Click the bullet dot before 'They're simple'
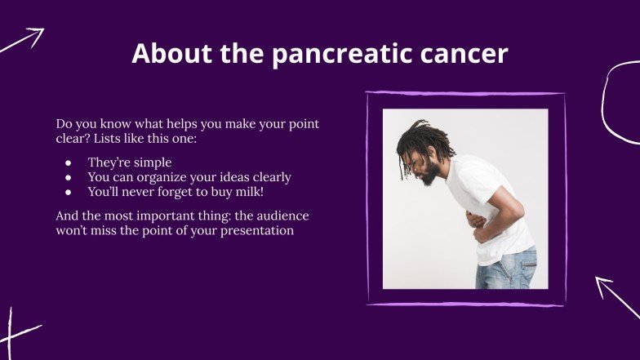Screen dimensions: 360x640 click(x=69, y=162)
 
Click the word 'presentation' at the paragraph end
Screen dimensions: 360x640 click(x=255, y=231)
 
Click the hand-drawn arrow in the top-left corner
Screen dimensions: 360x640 click(x=23, y=40)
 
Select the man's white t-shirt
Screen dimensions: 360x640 click(x=498, y=200)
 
